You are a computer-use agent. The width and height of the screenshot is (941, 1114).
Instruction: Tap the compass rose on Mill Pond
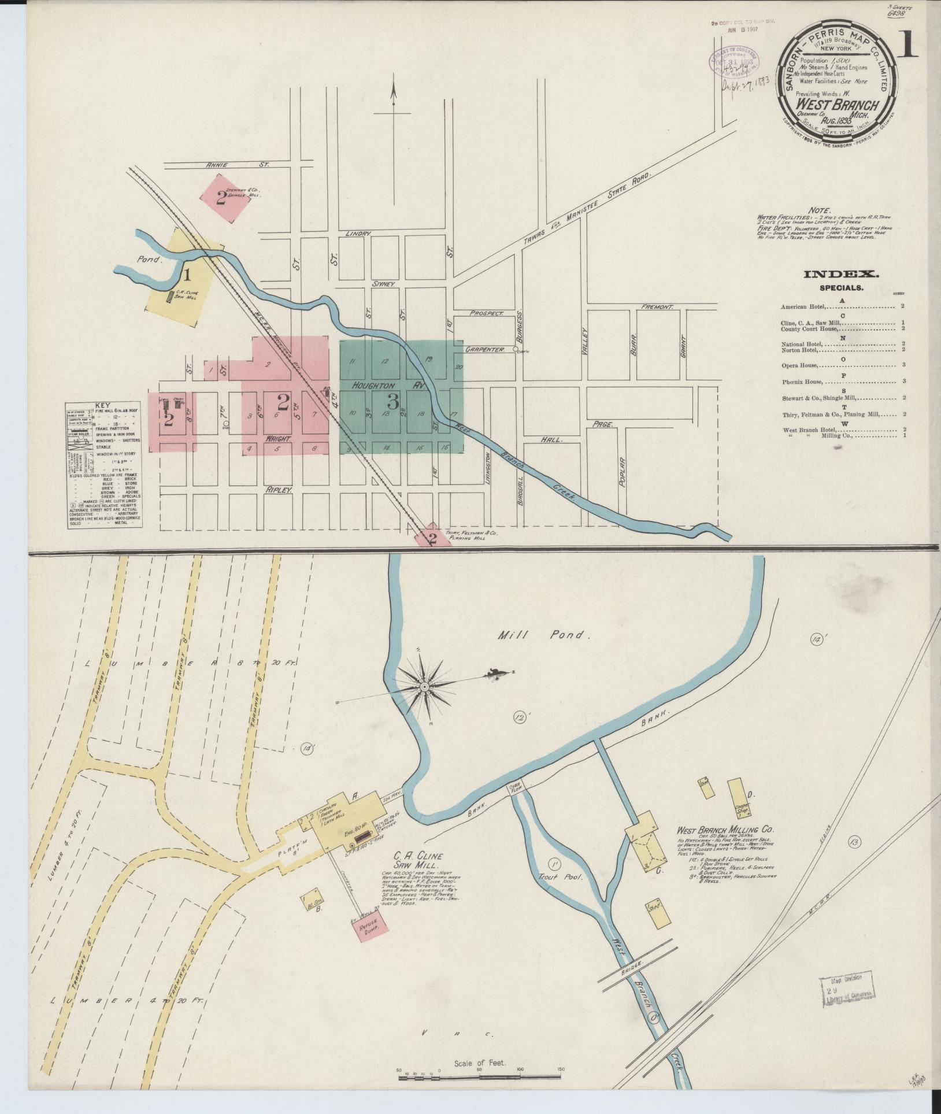click(425, 686)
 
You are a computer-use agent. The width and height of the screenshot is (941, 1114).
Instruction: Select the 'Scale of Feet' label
click(480, 1063)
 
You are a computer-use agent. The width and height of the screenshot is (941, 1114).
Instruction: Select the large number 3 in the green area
click(393, 400)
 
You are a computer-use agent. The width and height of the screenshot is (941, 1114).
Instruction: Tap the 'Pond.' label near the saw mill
click(147, 260)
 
